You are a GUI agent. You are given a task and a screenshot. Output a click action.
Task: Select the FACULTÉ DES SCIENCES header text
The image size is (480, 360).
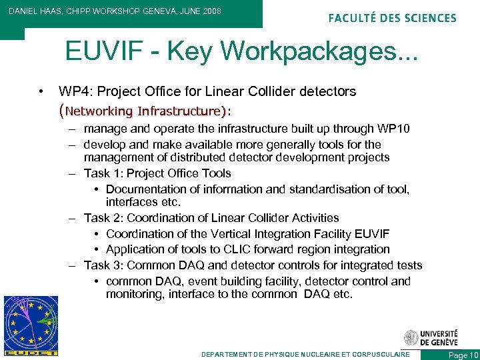[393, 18]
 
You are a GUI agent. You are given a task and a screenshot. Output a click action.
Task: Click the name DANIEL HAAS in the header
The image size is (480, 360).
[37, 11]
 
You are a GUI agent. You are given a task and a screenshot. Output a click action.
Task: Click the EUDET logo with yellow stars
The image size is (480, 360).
[30, 325]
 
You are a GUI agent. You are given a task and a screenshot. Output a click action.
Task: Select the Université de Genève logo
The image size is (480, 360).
[431, 337]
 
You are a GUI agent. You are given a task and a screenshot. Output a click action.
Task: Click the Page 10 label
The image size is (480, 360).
[463, 355]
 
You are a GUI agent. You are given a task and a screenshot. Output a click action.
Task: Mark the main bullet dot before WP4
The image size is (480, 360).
[41, 91]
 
